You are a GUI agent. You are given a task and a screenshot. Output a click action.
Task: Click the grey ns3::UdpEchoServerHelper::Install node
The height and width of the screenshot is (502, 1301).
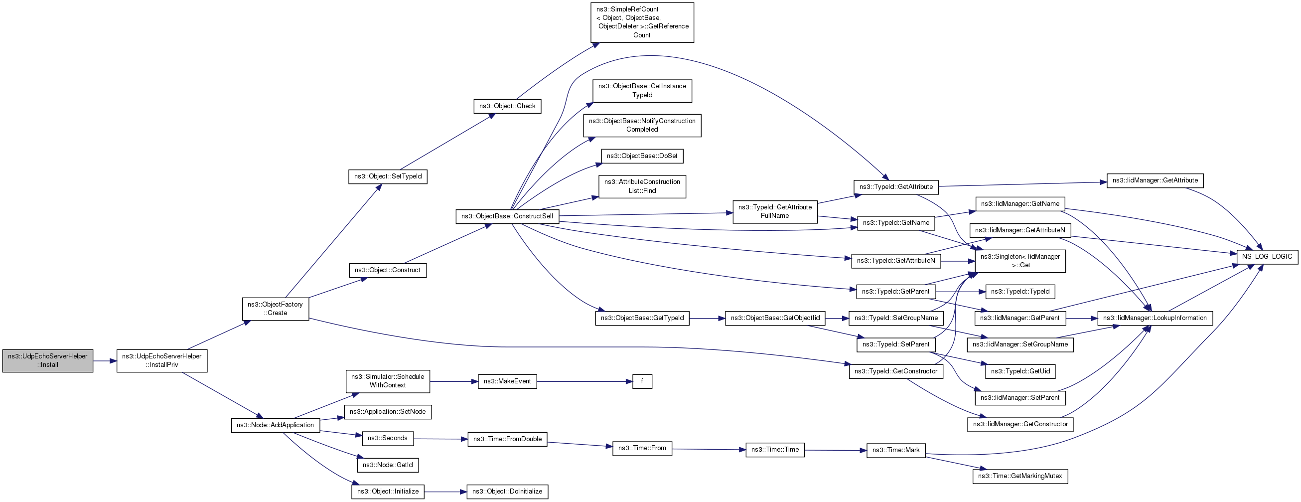pyautogui.click(x=47, y=360)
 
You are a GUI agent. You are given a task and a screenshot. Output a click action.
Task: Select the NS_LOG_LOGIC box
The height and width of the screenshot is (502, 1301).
pyautogui.click(x=1267, y=257)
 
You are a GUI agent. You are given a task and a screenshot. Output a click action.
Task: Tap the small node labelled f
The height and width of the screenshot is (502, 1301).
pyautogui.click(x=642, y=381)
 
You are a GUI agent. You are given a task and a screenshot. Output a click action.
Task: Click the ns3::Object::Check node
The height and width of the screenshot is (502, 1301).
pyautogui.click(x=507, y=106)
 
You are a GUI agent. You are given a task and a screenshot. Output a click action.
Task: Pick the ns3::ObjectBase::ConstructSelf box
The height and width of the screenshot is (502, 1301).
pyautogui.click(x=507, y=216)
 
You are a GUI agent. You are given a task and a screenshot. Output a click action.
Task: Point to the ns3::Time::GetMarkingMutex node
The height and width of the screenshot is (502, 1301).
pyautogui.click(x=1019, y=476)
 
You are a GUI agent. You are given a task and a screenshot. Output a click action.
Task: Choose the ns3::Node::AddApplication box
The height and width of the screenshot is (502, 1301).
pyautogui.click(x=275, y=425)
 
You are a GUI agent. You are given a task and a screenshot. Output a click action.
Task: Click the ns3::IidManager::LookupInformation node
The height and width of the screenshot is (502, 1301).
pyautogui.click(x=1155, y=318)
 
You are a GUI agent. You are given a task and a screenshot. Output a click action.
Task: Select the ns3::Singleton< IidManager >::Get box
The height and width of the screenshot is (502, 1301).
pyautogui.click(x=1019, y=261)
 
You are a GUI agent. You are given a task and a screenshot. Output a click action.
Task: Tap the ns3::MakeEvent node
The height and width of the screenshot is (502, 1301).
pyautogui.click(x=507, y=381)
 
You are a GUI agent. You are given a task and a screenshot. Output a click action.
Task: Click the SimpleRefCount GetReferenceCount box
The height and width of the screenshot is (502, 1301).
pyautogui.click(x=642, y=22)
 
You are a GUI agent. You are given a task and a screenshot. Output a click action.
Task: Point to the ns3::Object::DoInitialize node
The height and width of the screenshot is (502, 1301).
pyautogui.click(x=507, y=492)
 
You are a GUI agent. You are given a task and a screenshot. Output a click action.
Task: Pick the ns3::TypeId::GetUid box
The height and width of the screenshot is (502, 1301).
pyautogui.click(x=1019, y=371)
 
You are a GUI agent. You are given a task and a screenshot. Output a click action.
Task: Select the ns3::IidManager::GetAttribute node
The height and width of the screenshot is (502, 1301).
pyautogui.click(x=1155, y=180)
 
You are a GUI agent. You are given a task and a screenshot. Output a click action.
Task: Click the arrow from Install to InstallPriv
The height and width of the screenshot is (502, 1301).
pyautogui.click(x=105, y=361)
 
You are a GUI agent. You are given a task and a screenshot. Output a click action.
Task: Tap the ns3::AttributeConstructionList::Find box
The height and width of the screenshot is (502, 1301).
pyautogui.click(x=642, y=186)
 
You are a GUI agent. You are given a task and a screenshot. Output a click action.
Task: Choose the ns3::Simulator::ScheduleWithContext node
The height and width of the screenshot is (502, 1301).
pyautogui.click(x=387, y=381)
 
